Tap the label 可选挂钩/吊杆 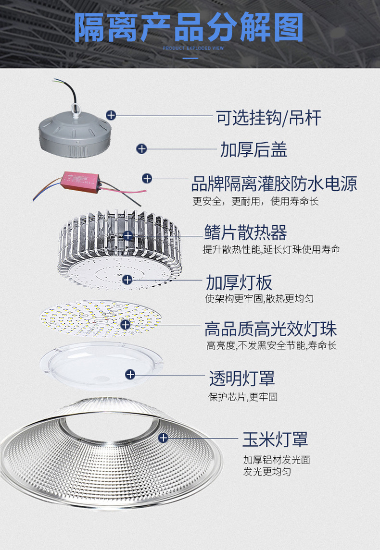pos(268,117)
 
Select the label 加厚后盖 pos(253,150)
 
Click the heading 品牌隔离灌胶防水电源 pos(274,183)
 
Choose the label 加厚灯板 pos(239,281)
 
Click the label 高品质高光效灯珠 pos(270,329)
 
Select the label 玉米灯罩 pos(275,439)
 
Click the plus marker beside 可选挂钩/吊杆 pos(111,115)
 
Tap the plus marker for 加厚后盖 pos(141,149)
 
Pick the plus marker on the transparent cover pos(130,374)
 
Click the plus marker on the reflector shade pos(163,438)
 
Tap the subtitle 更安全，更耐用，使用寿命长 pos(255,202)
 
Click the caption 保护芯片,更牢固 pos(242,397)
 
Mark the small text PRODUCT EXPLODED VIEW pos(190,49)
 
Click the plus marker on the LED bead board pos(125,325)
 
